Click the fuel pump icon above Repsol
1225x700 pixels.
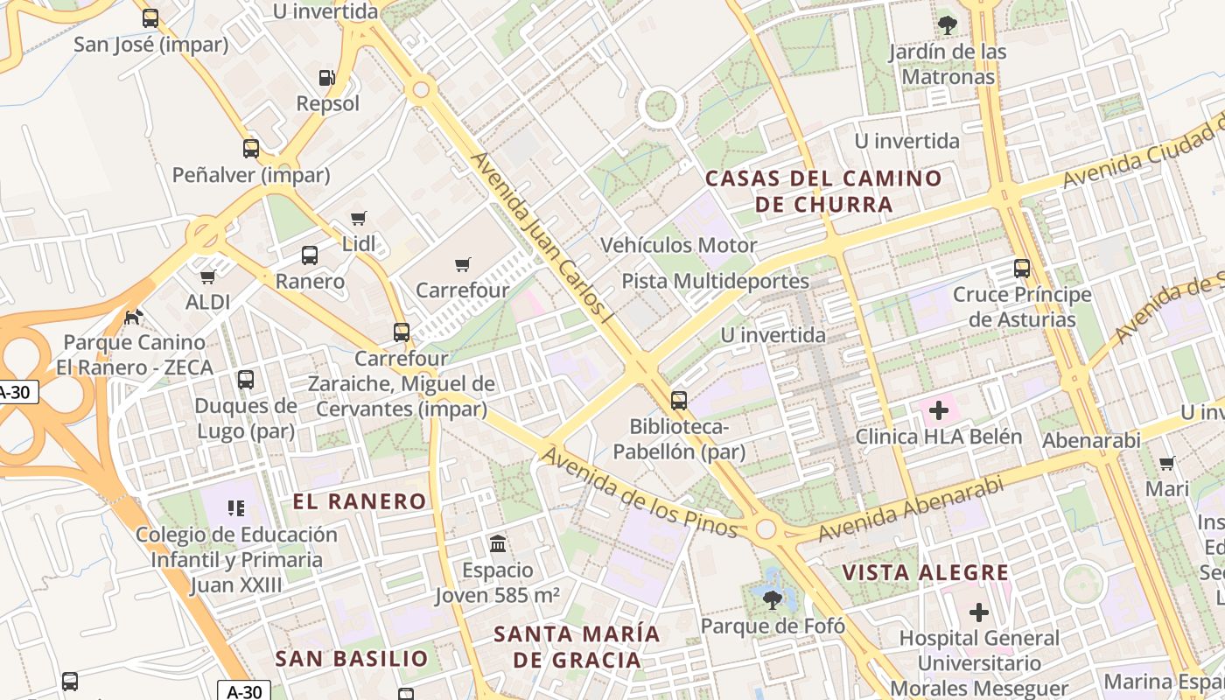(x=326, y=78)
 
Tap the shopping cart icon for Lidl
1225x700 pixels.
(x=358, y=218)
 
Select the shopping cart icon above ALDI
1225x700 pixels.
(x=207, y=277)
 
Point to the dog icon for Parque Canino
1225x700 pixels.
(x=134, y=316)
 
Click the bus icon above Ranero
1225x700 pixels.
(x=310, y=255)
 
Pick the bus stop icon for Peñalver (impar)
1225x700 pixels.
(x=251, y=149)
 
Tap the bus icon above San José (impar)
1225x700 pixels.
(x=150, y=18)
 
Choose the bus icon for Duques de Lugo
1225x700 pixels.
(x=246, y=380)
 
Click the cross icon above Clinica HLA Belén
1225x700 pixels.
(x=939, y=409)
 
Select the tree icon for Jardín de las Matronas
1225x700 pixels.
(x=948, y=24)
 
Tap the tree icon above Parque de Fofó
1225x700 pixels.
(x=773, y=599)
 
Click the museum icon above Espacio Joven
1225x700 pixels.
(x=498, y=543)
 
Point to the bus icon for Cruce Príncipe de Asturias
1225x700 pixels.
(x=1022, y=269)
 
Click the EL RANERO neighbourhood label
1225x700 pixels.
(x=360, y=501)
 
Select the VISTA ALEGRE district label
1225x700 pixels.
(x=926, y=573)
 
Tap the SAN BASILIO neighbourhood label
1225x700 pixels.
(x=352, y=659)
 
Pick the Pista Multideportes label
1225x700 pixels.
(x=715, y=281)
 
